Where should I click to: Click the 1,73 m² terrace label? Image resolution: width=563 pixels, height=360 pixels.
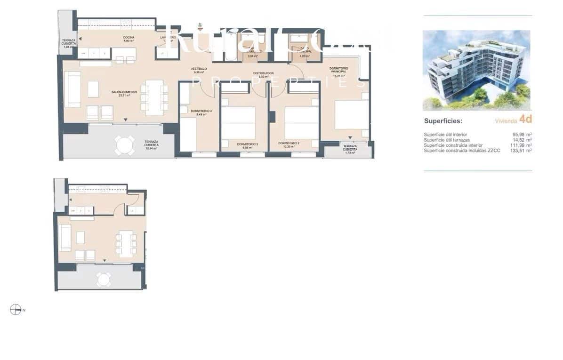click(350, 149)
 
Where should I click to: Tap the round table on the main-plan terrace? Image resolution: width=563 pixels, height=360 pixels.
click(125, 145)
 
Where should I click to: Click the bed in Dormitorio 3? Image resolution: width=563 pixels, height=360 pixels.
click(238, 123)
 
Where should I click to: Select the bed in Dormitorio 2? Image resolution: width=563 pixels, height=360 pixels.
click(302, 123)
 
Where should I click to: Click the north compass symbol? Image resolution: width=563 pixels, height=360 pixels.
click(16, 309)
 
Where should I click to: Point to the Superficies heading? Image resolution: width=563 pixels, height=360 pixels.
click(443, 120)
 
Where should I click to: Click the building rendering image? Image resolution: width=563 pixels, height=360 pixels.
click(476, 70)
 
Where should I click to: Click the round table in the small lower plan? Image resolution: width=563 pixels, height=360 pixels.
click(104, 280)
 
